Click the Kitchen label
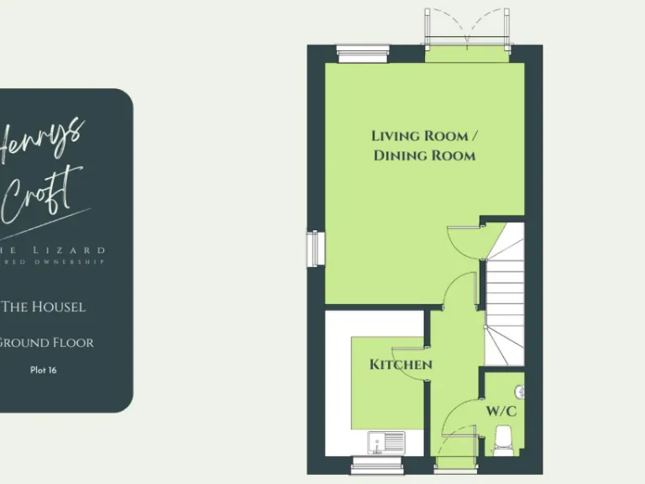(x=401, y=365)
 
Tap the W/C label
(x=501, y=412)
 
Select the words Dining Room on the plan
(x=424, y=155)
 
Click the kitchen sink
(x=385, y=440)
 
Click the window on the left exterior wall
(x=317, y=248)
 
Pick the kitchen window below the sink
(x=370, y=464)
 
